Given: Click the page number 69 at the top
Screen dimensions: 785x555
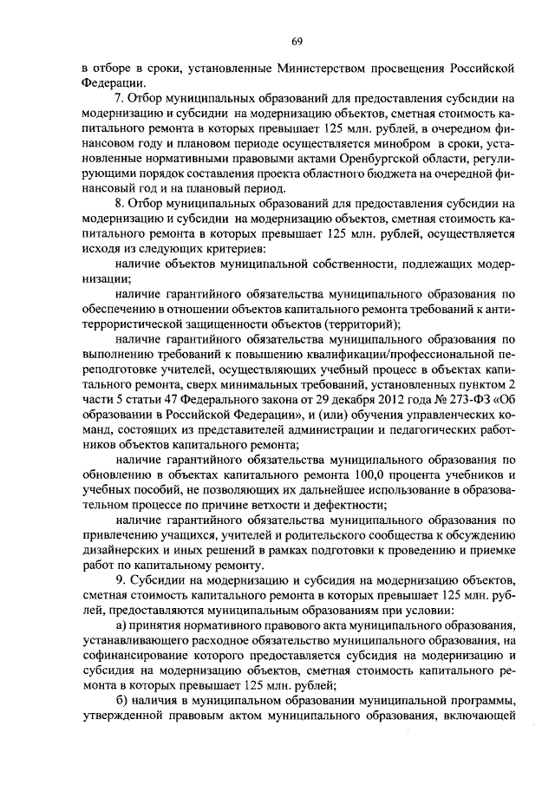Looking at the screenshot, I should coord(296,42).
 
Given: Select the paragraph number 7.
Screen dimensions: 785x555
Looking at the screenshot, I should coord(119,100).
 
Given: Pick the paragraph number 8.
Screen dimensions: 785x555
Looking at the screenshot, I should coord(119,206).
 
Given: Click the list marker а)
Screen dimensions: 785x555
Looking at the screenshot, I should coord(121,627).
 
